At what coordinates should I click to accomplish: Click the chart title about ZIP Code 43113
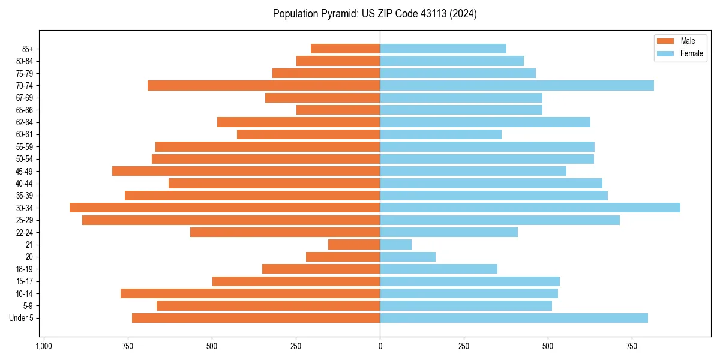click(374, 14)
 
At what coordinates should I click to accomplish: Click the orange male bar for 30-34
click(224, 208)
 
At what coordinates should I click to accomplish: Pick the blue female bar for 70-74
click(517, 85)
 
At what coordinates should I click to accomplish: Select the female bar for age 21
click(395, 244)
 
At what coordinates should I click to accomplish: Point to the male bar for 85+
click(345, 49)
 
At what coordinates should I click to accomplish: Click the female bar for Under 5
click(514, 318)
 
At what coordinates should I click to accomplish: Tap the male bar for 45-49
click(246, 171)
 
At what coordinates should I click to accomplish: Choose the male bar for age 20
click(343, 257)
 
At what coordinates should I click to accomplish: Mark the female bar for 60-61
click(440, 134)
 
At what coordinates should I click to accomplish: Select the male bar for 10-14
click(250, 293)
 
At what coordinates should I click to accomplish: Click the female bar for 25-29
click(500, 220)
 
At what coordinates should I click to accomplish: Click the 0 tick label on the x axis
click(380, 346)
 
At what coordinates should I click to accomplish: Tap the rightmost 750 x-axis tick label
click(631, 346)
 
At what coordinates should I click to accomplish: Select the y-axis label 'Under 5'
click(22, 318)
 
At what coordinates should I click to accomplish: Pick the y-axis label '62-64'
click(25, 122)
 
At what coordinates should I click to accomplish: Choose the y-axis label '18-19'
click(25, 269)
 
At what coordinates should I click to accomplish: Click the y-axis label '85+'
click(26, 49)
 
